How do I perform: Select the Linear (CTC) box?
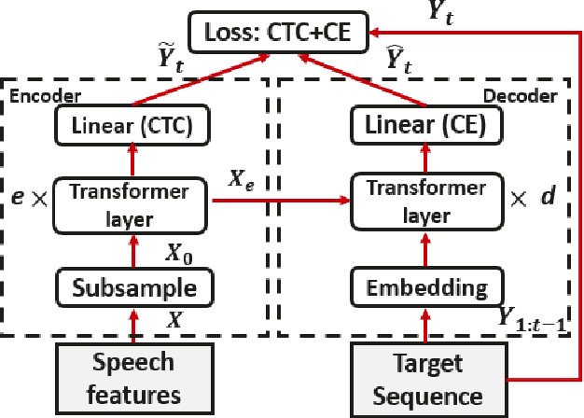point(131,127)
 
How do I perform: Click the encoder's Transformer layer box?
point(131,204)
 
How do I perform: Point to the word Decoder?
point(535,96)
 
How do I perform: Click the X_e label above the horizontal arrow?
point(244,182)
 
